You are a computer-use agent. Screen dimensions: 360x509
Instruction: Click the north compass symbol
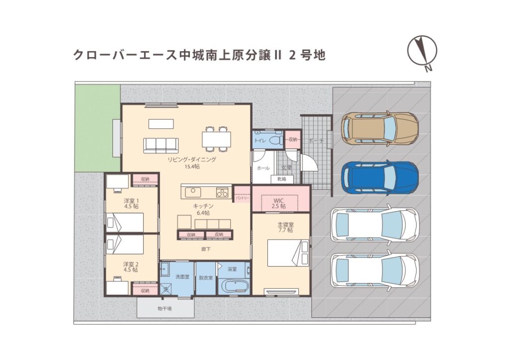tap(422, 52)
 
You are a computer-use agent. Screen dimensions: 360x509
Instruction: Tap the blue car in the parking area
tap(380, 178)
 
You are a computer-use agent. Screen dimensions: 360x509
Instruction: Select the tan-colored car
tap(380, 128)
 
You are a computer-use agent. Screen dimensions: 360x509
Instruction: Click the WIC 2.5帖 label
tap(279, 203)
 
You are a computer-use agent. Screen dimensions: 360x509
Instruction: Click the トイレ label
tap(259, 141)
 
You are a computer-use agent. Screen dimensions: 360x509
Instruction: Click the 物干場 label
tap(165, 309)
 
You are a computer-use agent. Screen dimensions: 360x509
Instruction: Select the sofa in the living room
tap(161, 145)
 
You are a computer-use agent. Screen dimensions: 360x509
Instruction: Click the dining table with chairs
tap(217, 138)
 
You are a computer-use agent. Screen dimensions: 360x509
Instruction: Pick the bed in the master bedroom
tap(287, 253)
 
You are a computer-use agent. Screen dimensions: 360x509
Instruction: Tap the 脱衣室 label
tap(206, 277)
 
